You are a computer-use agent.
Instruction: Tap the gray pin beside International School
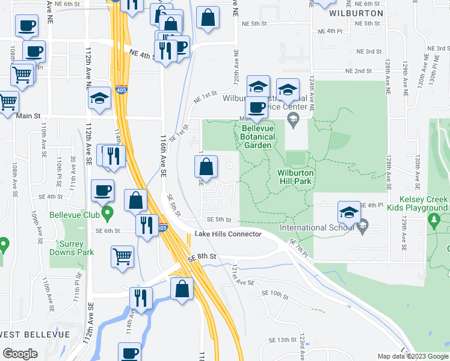362,227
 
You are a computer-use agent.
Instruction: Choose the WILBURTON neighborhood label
356,13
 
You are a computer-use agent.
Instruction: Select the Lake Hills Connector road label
228,233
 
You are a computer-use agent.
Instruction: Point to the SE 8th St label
201,256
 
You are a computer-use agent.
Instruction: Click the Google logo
20,354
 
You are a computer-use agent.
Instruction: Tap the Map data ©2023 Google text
412,356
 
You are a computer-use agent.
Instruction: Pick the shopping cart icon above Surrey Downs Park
123,255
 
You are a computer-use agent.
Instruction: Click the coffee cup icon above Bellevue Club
102,190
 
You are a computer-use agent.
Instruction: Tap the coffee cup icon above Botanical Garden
257,107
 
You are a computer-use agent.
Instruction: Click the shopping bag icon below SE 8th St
182,288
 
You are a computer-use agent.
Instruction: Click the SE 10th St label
276,293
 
